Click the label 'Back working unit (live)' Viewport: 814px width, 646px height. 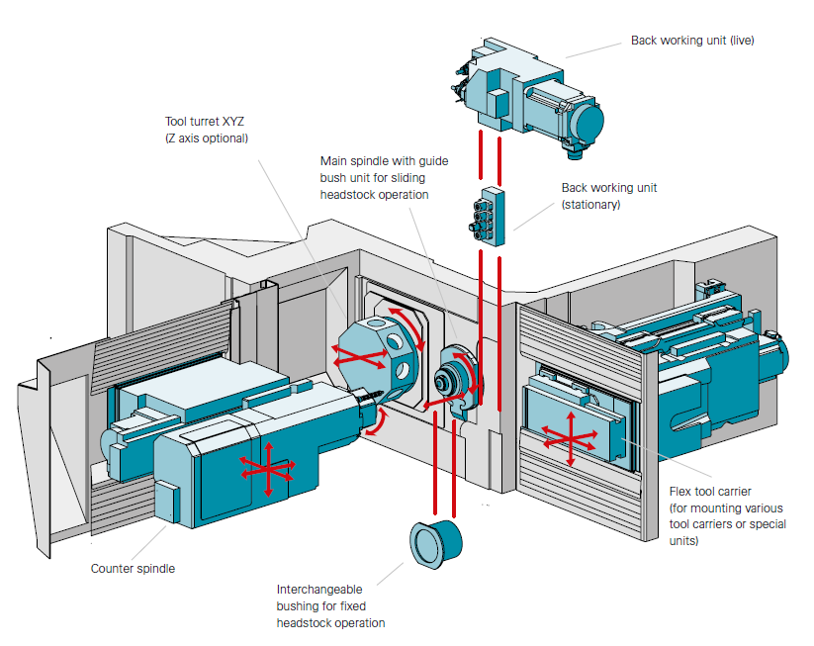692,41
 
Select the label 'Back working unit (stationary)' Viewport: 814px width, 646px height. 608,196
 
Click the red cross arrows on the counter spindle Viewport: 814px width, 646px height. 266,468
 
